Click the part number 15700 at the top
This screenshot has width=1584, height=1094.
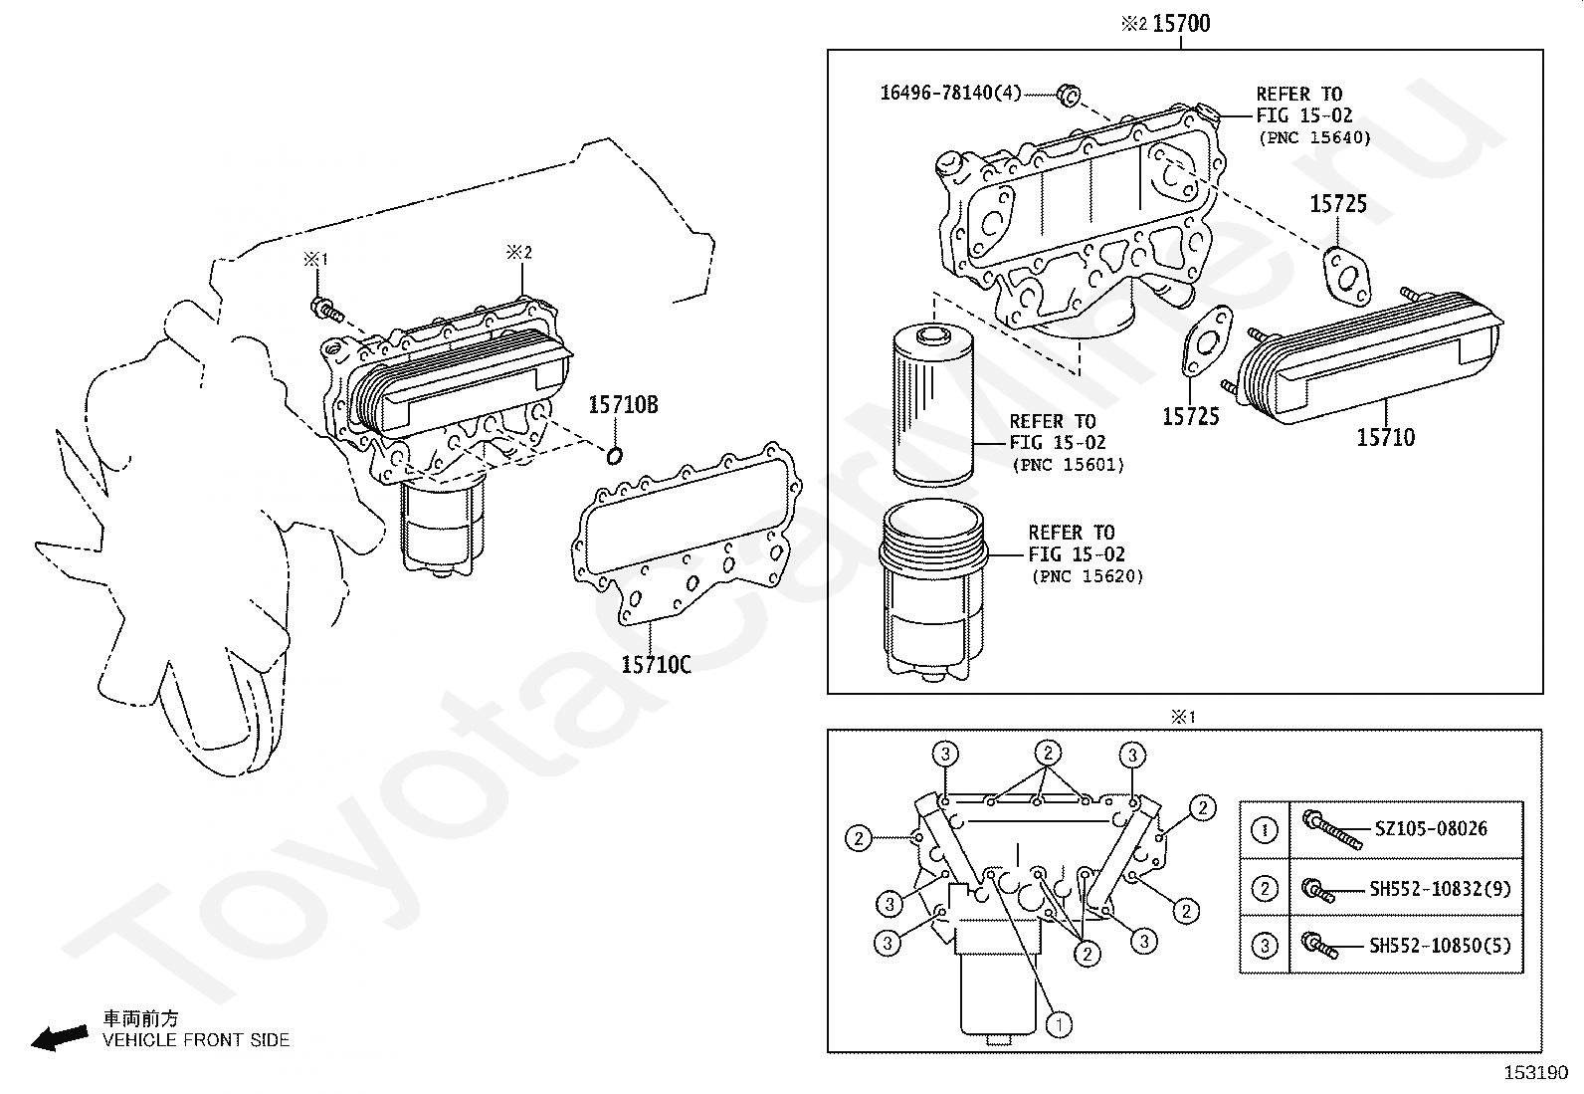[1181, 23]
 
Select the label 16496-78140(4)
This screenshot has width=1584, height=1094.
[950, 94]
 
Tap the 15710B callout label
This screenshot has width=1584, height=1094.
[623, 405]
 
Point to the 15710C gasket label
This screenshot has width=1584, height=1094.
[656, 663]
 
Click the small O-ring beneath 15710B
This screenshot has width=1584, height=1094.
[616, 456]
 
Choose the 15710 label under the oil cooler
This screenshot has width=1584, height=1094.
[1385, 437]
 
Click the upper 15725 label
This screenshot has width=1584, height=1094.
[1337, 204]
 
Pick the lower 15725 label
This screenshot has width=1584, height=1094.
[1190, 416]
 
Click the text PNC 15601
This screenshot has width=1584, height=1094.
[1068, 465]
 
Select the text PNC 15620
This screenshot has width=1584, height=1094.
[1087, 576]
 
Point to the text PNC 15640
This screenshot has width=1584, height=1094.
[1314, 138]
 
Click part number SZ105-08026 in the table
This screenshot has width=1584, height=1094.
[1431, 828]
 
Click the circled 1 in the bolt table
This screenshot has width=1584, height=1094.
[1265, 830]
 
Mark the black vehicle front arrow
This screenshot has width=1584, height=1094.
[58, 1038]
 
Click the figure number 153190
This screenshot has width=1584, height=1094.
[1534, 1073]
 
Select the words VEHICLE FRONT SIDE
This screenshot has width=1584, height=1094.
[196, 1040]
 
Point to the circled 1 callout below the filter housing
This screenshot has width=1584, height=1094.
[1060, 1023]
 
